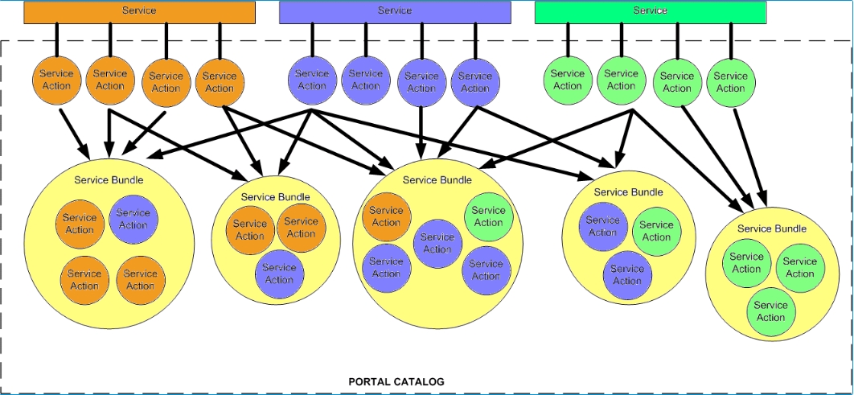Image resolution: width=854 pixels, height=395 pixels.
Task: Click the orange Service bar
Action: tap(140, 11)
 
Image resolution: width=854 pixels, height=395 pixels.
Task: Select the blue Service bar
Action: tap(394, 11)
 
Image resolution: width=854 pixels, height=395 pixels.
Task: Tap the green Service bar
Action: tap(650, 11)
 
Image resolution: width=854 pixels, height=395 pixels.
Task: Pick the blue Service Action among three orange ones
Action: tap(133, 219)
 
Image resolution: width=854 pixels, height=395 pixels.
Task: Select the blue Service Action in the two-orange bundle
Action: tap(280, 274)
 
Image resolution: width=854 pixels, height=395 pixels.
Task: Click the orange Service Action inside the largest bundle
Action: tap(386, 216)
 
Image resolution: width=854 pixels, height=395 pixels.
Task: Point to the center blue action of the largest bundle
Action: tap(437, 243)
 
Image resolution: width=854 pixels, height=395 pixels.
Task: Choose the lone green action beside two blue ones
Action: tap(656, 231)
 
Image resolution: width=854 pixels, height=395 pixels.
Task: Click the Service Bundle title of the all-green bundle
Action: tap(771, 228)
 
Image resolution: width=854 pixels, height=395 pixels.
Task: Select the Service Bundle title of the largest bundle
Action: tap(437, 180)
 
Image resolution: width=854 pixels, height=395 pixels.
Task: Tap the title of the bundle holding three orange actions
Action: tap(109, 179)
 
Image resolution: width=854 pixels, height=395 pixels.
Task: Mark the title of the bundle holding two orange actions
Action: tap(275, 196)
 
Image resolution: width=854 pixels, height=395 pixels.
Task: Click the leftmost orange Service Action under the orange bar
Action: tap(56, 80)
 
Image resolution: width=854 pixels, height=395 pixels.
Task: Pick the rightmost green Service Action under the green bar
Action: tap(731, 82)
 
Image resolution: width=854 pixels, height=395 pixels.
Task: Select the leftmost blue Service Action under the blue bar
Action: tap(312, 80)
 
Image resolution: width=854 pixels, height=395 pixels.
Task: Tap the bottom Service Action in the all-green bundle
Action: tap(770, 311)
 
